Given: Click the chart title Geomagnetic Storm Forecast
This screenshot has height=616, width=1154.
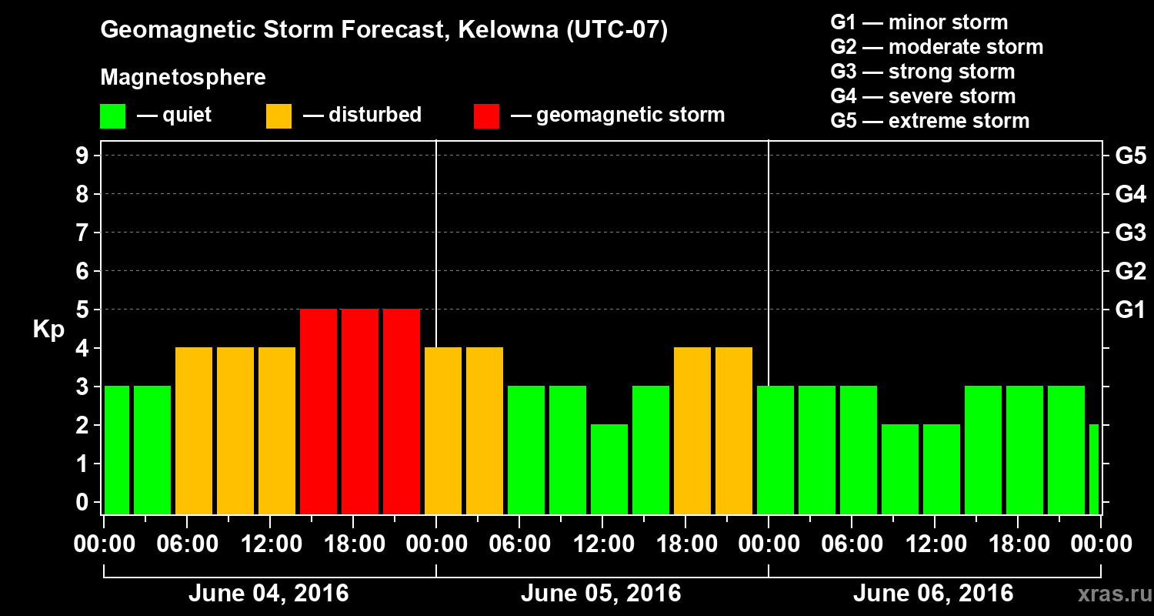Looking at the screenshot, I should point(384,31).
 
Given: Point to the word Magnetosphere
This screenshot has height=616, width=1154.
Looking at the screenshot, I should point(183,78).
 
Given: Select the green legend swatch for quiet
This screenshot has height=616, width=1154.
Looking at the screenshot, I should point(112,116).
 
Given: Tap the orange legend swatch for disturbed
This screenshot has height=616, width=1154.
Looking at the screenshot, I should point(278,116).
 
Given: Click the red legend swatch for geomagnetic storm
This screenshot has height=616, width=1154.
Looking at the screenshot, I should point(486,116).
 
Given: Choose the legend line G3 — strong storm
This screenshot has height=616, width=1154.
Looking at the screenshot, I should point(922,72).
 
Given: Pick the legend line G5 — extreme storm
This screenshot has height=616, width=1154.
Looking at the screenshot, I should point(929,121).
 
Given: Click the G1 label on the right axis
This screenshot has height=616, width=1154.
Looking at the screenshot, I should point(1130,310).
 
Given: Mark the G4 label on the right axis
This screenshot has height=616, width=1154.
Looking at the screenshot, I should point(1130,195).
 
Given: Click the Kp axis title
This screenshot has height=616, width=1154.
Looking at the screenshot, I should point(48,330).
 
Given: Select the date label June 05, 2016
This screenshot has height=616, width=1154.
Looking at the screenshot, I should point(601,594).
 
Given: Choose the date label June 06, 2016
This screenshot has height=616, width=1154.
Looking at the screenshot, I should point(933,594).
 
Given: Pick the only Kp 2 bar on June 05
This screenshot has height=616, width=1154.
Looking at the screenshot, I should point(609,469).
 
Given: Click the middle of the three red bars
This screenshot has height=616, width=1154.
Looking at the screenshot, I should point(360,411).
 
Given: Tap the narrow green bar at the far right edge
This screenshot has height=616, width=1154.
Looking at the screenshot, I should point(1094,469).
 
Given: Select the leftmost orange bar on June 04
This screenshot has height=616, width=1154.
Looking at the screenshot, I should point(194,430).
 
